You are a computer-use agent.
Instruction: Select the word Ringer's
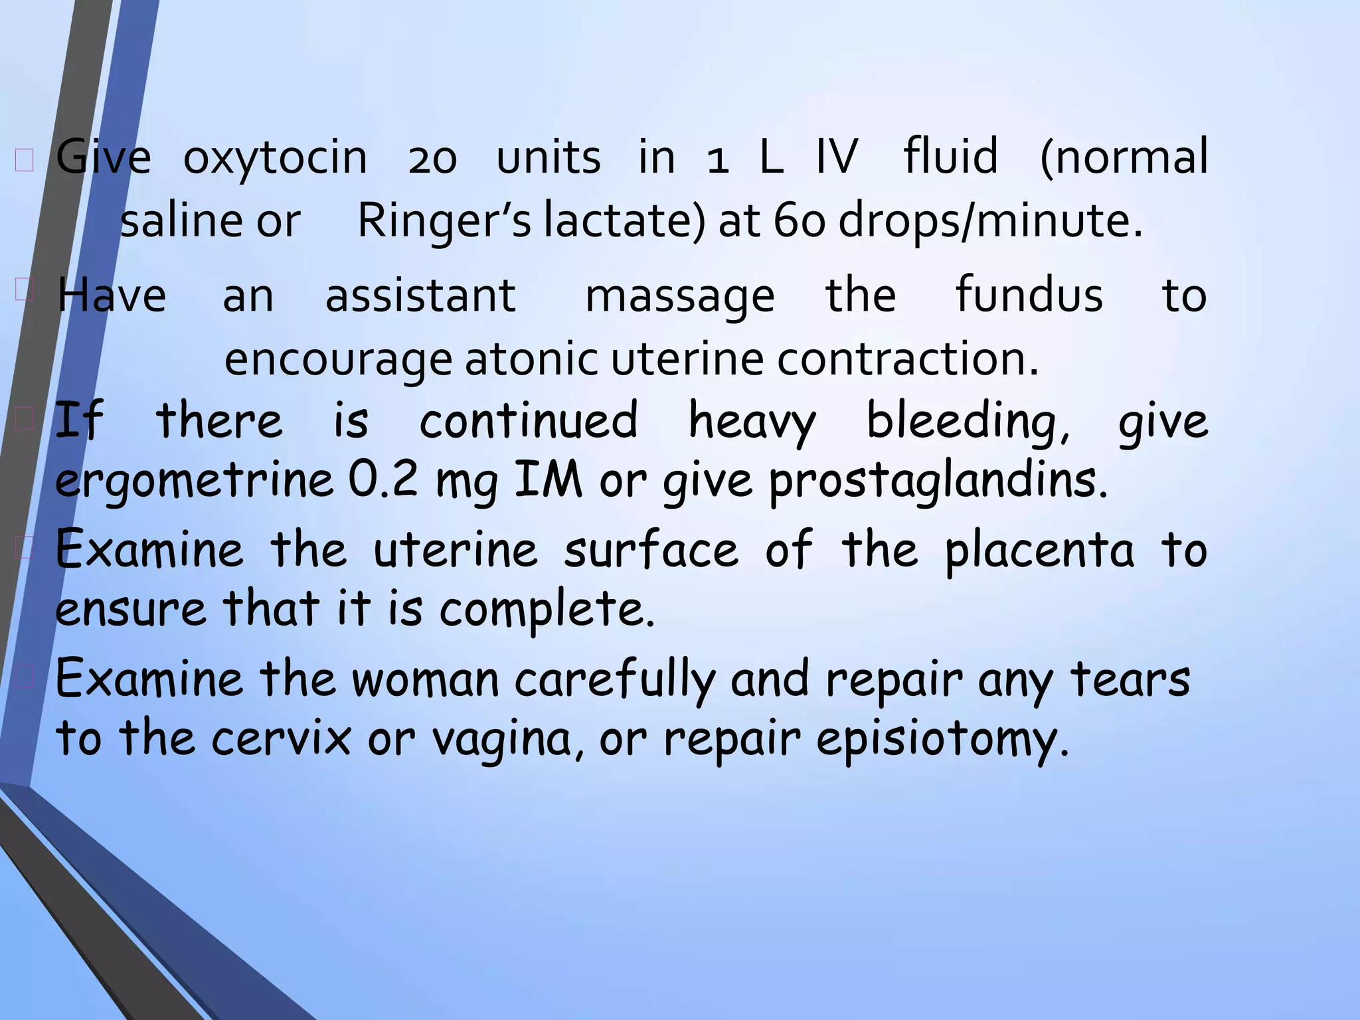(444, 220)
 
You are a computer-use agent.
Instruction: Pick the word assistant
(420, 296)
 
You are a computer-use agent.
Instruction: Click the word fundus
(1029, 296)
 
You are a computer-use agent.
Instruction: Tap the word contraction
(907, 359)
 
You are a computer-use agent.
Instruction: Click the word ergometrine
(194, 481)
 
